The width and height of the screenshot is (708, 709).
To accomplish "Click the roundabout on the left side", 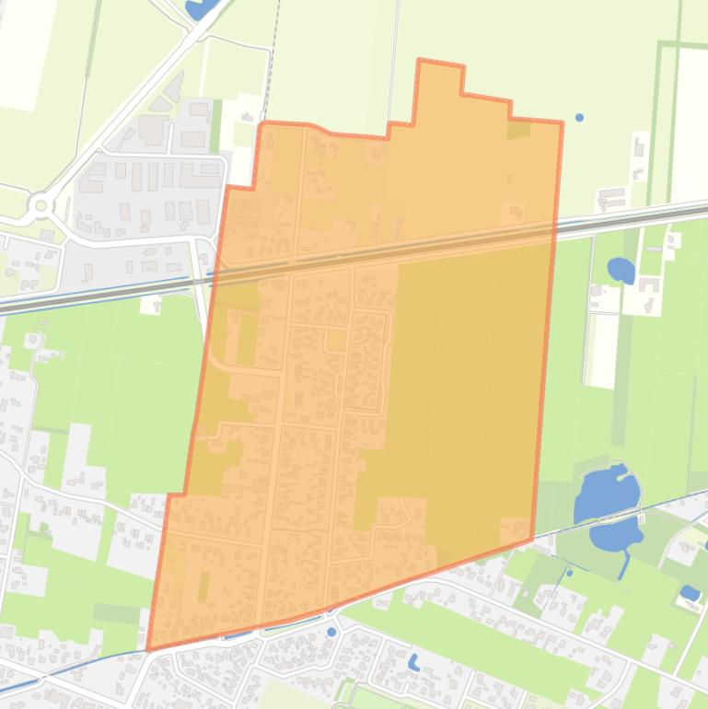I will [x=41, y=204].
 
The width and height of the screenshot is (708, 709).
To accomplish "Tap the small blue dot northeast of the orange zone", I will [x=579, y=118].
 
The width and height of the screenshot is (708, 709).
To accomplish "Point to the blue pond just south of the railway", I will [x=621, y=270].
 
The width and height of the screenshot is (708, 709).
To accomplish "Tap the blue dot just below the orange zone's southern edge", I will [x=331, y=632].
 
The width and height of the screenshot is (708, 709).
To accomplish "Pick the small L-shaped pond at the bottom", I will [x=414, y=661].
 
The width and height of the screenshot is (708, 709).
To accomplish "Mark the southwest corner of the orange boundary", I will [x=148, y=649].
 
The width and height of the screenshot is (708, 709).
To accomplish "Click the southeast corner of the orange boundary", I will [x=532, y=540].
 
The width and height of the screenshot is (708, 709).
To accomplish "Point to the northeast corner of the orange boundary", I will [x=562, y=122].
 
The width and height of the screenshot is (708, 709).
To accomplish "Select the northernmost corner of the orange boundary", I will [x=420, y=61].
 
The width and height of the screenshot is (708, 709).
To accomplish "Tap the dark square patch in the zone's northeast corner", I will [x=518, y=130].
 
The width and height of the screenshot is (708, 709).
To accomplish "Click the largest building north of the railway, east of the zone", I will [x=611, y=196].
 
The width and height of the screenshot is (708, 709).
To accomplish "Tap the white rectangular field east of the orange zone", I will [x=603, y=350].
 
